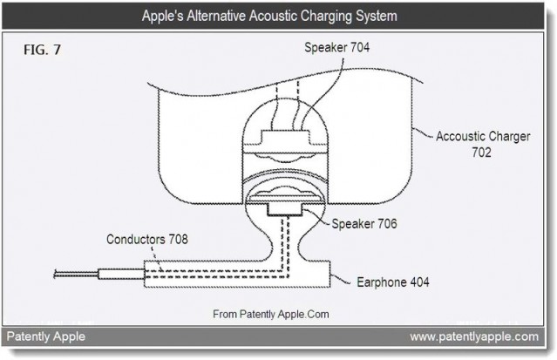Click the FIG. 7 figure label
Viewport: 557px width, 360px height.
pos(42,50)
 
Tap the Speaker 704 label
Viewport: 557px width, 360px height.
pos(336,47)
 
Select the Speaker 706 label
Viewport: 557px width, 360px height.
pos(364,223)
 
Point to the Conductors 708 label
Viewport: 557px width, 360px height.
pos(147,239)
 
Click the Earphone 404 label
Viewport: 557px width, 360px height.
pos(393,282)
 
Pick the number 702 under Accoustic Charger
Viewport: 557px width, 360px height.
pos(481,152)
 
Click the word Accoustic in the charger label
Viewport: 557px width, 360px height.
pos(459,136)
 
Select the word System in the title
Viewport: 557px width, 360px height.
pos(377,17)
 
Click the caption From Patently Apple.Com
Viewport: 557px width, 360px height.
pos(271,314)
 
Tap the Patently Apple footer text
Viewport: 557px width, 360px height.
pos(46,336)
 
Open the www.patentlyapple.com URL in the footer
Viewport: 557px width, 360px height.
pos(474,336)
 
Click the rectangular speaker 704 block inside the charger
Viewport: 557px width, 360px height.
pos(285,138)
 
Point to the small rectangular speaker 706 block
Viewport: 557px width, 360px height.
pos(285,210)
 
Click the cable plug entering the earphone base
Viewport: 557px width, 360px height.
pos(121,274)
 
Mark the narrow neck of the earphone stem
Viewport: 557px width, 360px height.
pos(285,241)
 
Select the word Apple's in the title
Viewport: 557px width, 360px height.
pos(163,16)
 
